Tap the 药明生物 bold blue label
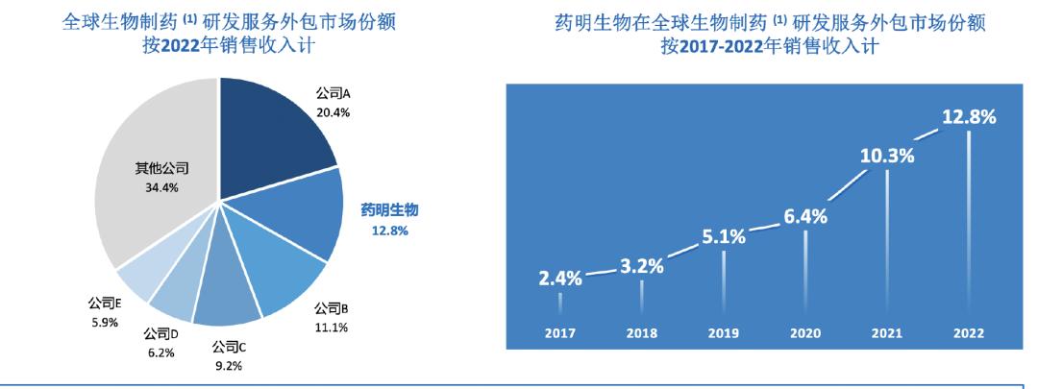pos(390,209)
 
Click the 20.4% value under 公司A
pos(334,112)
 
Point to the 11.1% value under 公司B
pos(331,328)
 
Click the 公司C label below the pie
pos(230,348)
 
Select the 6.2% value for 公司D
pos(161,352)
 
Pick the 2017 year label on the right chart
pos(559,333)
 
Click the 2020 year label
pos(804,333)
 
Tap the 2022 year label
pos(968,333)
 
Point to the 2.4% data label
pos(559,280)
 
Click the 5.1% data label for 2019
pos(723,236)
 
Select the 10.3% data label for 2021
pos(886,155)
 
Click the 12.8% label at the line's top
pos(968,116)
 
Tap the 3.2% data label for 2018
pos(641,266)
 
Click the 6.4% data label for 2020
pos(804,216)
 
